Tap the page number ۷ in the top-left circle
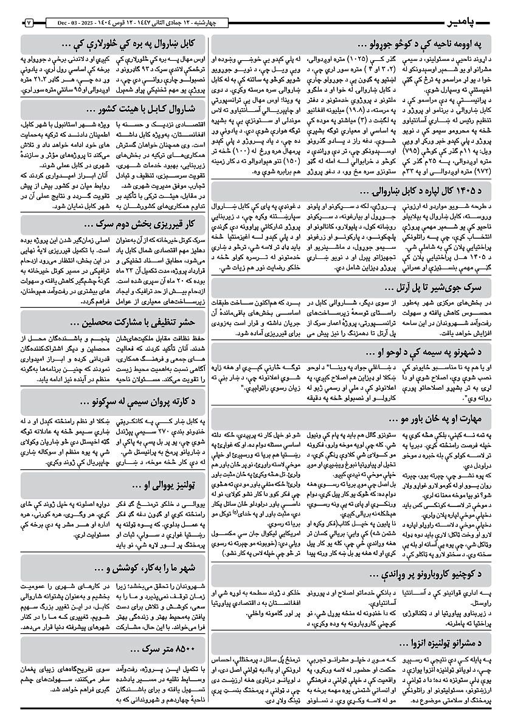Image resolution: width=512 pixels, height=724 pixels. click(x=29, y=23)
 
